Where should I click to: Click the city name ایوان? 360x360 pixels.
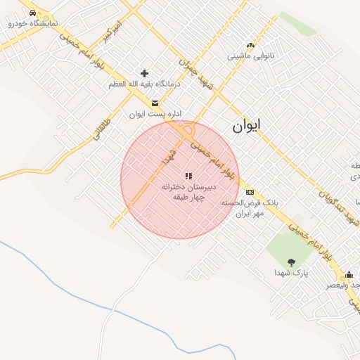point(245,125)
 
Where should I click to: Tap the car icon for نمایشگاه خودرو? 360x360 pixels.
point(33,13)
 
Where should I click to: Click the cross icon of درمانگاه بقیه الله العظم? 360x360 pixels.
point(145,73)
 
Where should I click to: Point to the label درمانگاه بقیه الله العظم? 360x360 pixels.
point(144,84)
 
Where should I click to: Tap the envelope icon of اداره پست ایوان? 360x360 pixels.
point(155,103)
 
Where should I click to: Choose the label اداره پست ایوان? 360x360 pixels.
point(147,113)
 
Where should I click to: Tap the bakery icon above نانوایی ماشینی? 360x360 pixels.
point(250,46)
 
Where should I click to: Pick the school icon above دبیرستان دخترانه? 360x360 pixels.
point(188,176)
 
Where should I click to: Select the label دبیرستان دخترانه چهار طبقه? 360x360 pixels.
point(188,193)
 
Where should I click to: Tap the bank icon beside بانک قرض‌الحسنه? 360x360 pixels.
point(250,192)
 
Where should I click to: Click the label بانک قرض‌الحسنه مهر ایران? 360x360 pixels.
point(250,207)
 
